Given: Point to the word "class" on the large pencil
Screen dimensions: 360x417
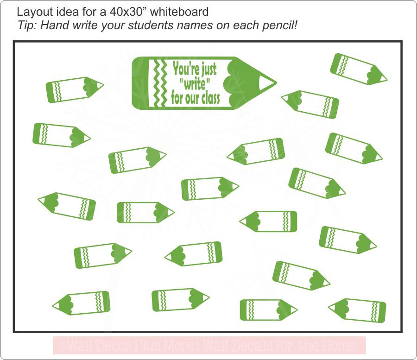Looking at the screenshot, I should [209, 98].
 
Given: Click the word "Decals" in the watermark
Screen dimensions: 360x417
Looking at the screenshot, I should [246, 346].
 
